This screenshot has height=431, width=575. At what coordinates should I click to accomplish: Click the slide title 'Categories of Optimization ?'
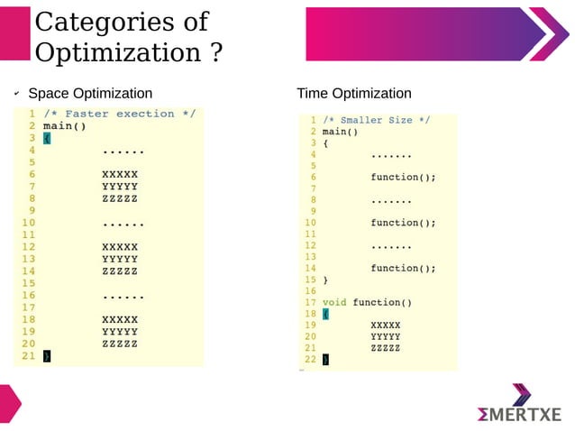point(128,37)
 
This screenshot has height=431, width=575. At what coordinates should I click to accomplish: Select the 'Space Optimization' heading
point(90,94)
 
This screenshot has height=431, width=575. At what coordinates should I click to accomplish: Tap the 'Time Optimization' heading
point(353,94)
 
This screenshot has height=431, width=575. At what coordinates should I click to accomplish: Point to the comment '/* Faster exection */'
point(119,114)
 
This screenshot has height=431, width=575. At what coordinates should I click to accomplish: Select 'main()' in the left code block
point(64,126)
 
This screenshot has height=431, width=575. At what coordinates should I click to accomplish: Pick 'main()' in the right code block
point(340,132)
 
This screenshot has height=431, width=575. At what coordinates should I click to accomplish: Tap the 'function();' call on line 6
point(403,178)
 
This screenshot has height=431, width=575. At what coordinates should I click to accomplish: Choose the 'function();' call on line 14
point(403,268)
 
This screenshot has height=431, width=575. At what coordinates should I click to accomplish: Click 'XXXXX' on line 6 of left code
point(120,174)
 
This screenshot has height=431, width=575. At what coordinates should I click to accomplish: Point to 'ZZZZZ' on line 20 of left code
point(120,344)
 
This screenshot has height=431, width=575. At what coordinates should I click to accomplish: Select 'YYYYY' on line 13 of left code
point(120,259)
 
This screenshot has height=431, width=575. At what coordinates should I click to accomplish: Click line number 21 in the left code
point(28,355)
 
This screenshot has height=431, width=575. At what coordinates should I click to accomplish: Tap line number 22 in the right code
point(310,359)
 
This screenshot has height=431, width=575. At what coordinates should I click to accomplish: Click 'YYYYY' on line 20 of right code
point(385,336)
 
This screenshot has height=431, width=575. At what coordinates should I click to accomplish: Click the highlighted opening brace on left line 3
point(47,138)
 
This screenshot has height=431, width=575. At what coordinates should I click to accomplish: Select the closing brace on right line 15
point(325,280)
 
